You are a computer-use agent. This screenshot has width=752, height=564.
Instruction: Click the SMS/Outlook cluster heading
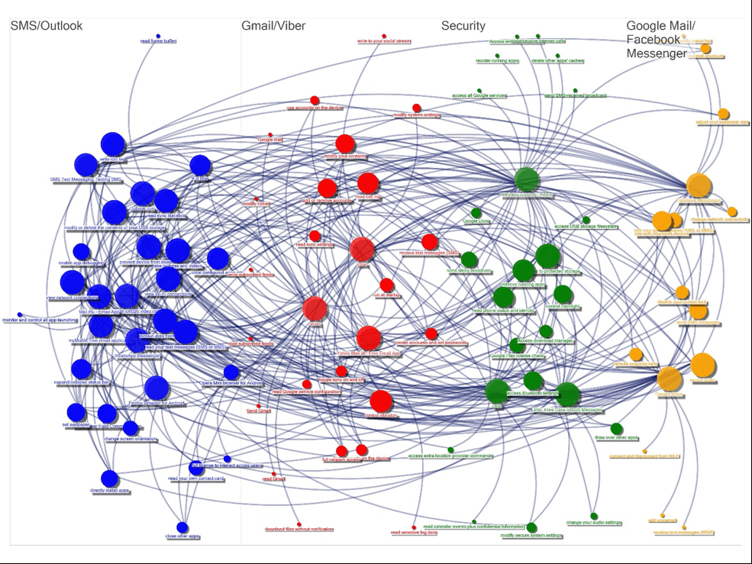pyautogui.click(x=46, y=26)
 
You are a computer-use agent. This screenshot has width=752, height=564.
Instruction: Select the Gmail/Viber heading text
pyautogui.click(x=273, y=26)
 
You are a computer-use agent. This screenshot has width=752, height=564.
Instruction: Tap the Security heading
pyautogui.click(x=463, y=26)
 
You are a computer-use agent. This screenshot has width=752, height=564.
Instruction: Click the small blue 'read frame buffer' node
pyautogui.click(x=158, y=36)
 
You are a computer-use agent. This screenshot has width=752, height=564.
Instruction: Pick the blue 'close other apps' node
pyautogui.click(x=182, y=527)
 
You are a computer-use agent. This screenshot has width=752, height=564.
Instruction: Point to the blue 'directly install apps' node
pyautogui.click(x=110, y=479)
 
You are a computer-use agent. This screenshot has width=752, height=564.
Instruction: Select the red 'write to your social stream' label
pyautogui.click(x=384, y=41)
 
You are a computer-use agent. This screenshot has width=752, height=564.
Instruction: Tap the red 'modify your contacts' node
pyautogui.click(x=345, y=143)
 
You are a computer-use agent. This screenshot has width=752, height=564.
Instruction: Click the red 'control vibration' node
pyautogui.click(x=381, y=401)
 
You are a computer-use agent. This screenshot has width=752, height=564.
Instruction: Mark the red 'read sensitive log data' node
pyautogui.click(x=414, y=527)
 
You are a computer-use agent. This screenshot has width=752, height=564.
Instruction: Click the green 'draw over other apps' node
pyautogui.click(x=616, y=428)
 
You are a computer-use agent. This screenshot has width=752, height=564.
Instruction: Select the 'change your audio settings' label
pyautogui.click(x=594, y=523)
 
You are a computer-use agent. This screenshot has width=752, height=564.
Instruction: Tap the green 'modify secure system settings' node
pyautogui.click(x=531, y=527)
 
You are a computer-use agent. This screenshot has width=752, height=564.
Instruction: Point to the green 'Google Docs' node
pyautogui.click(x=476, y=213)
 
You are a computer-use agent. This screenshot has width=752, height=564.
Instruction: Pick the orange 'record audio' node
pyautogui.click(x=702, y=366)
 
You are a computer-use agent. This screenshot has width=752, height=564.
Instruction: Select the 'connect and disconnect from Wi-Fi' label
pyautogui.click(x=644, y=456)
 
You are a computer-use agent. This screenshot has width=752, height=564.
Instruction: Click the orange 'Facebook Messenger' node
pyautogui.click(x=698, y=185)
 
